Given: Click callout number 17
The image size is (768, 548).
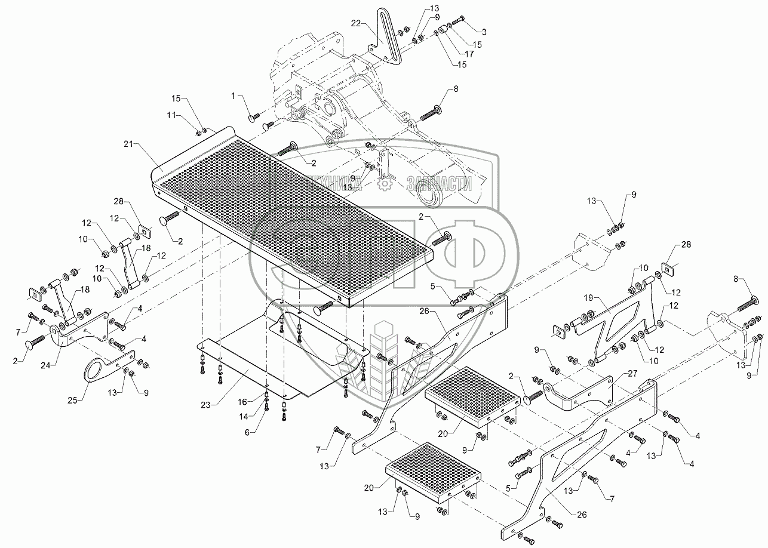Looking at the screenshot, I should (469, 54).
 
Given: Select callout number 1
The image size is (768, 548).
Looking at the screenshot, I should (234, 96).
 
